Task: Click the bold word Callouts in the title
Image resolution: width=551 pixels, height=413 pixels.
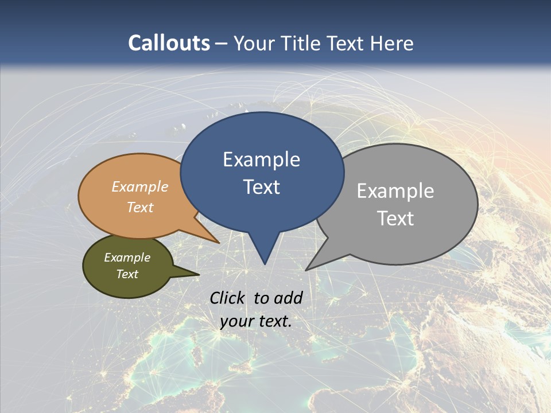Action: click(169, 43)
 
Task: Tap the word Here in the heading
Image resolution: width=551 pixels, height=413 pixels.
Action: click(393, 43)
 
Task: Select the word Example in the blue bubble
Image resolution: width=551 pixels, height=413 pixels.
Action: click(261, 159)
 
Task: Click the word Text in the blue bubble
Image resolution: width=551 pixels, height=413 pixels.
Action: click(261, 187)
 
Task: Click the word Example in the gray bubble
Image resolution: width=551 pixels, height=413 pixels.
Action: click(395, 191)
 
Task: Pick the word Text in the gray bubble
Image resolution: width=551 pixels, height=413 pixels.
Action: click(395, 219)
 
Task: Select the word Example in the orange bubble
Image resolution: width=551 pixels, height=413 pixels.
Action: click(140, 187)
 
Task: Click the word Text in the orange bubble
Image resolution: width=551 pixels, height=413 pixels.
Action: click(140, 207)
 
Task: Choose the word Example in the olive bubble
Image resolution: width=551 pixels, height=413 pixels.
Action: click(127, 258)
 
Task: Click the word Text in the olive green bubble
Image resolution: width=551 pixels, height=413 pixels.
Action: click(127, 274)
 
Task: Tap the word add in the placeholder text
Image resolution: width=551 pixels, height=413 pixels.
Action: click(288, 298)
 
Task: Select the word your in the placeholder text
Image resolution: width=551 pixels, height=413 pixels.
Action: click(237, 321)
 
